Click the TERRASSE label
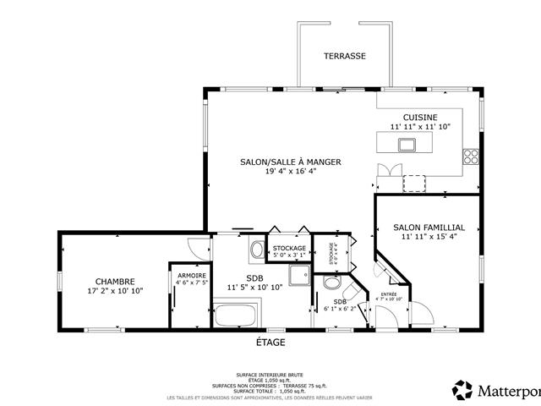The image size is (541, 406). click(345, 56)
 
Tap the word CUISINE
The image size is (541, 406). click(420, 116)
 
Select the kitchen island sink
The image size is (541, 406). click(407, 144)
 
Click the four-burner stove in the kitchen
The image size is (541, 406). click(471, 156)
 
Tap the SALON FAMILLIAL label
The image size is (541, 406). click(429, 228)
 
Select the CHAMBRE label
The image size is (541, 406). click(115, 282)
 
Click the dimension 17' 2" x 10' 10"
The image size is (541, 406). click(115, 291)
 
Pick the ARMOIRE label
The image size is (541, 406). click(191, 275)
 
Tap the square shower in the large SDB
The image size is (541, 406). click(299, 275)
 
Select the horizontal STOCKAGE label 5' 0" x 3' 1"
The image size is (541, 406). click(289, 248)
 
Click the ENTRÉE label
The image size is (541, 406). click(389, 294)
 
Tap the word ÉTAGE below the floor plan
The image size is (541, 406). click(270, 343)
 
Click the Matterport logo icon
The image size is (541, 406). click(462, 390)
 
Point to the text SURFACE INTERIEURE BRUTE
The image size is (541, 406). click(270, 375)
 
